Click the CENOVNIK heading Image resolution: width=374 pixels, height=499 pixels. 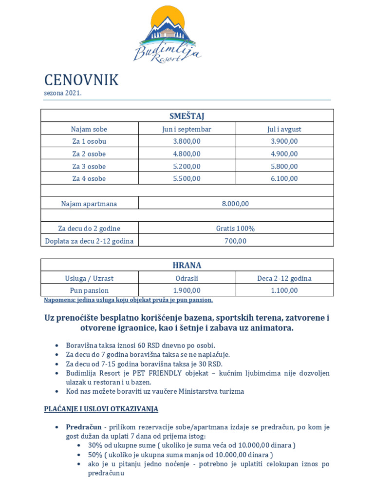tap(81, 80)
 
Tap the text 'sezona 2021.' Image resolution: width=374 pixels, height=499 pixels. tap(63, 93)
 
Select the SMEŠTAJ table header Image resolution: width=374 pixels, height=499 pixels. tap(187, 116)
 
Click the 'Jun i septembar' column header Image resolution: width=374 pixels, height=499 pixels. tap(187, 129)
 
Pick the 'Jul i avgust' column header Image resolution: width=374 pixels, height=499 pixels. tap(284, 129)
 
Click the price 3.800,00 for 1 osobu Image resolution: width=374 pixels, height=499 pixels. tap(187, 141)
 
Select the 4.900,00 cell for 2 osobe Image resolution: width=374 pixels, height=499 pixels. tap(284, 154)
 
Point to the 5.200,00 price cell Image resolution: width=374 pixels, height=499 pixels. tap(187, 166)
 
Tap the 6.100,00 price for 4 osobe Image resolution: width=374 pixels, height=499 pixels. tap(284, 178)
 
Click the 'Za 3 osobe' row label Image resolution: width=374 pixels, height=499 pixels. tap(89, 166)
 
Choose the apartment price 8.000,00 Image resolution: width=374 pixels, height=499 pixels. tap(236, 204)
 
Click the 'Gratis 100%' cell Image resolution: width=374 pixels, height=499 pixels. tap(236, 229)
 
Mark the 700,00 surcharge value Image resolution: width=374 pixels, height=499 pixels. tap(236, 241)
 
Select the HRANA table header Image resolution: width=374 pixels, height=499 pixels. tap(187, 266)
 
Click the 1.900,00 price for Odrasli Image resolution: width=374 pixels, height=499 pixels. tap(187, 290)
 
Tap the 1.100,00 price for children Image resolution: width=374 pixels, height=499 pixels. tap(284, 290)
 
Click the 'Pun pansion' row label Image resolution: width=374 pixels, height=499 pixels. tap(89, 290)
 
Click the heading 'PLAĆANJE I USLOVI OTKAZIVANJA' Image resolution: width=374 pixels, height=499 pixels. tap(101, 409)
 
